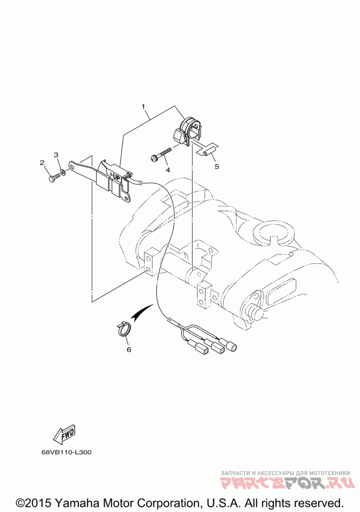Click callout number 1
[143, 107]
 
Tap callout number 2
[42, 162]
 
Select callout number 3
[56, 154]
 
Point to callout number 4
[168, 170]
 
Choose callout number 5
[216, 166]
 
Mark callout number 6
[129, 350]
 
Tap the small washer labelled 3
[62, 172]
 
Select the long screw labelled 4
[161, 154]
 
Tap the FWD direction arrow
[64, 434]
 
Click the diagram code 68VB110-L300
[67, 452]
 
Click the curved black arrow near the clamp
[142, 310]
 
